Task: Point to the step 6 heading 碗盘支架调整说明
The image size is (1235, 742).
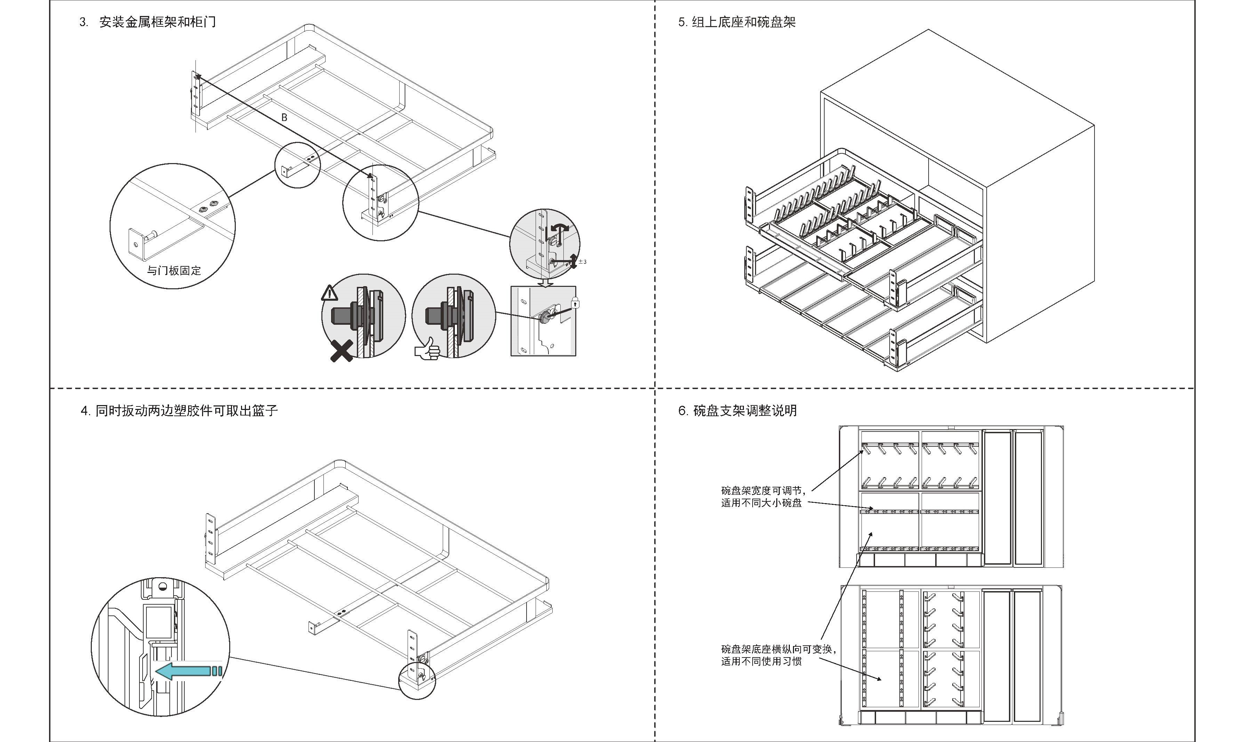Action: [x=745, y=411]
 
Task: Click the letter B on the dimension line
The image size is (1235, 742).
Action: [x=284, y=118]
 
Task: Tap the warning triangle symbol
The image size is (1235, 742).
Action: [x=329, y=293]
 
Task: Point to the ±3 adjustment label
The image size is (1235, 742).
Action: [x=582, y=261]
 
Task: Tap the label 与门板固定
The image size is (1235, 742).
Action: [x=174, y=271]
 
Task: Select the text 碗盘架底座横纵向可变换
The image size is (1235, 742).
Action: [x=778, y=649]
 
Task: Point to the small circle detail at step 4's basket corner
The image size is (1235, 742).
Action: [x=417, y=680]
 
